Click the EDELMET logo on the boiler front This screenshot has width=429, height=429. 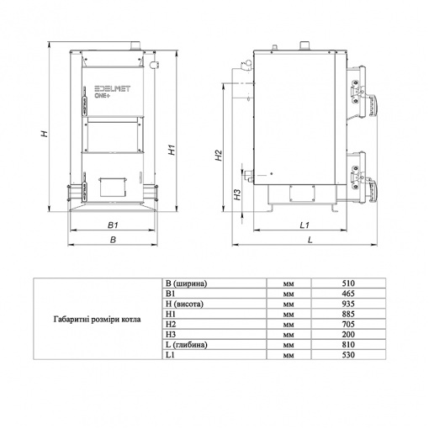pyautogui.click(x=113, y=89)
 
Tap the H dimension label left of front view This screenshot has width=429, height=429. pyautogui.click(x=45, y=134)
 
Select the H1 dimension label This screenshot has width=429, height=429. pyautogui.click(x=172, y=150)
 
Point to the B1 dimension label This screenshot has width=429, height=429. pyautogui.click(x=113, y=225)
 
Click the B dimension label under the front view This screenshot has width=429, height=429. pyautogui.click(x=113, y=240)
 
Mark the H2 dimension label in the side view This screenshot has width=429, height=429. pyautogui.click(x=219, y=156)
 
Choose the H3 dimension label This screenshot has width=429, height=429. pyautogui.click(x=237, y=195)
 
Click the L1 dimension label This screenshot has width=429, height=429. pyautogui.click(x=305, y=225)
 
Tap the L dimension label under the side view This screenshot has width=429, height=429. pyautogui.click(x=310, y=240)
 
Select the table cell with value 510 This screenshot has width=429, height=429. pyautogui.click(x=348, y=283)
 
